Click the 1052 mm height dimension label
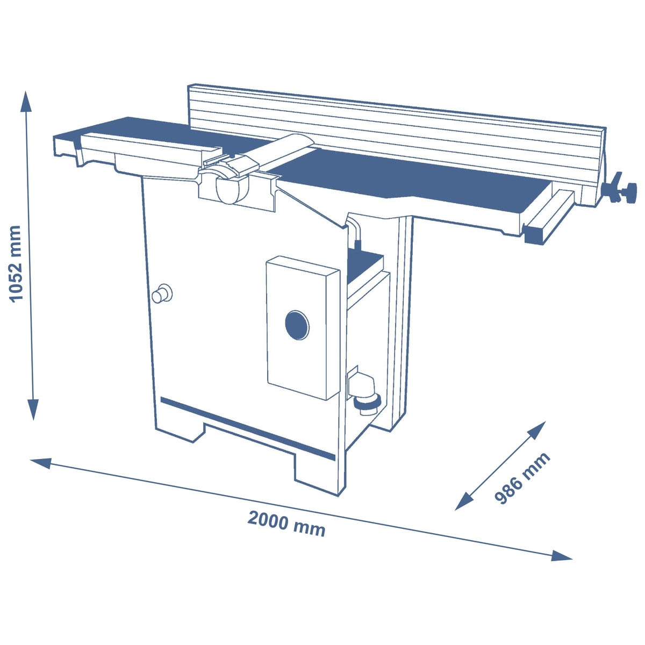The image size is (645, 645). pyautogui.click(x=16, y=263)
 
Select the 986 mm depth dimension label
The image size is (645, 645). pyautogui.click(x=522, y=478)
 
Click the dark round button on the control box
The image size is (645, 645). pyautogui.click(x=297, y=325)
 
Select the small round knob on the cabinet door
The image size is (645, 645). pyautogui.click(x=161, y=294)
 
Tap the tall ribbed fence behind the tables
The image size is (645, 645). pyautogui.click(x=398, y=132)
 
